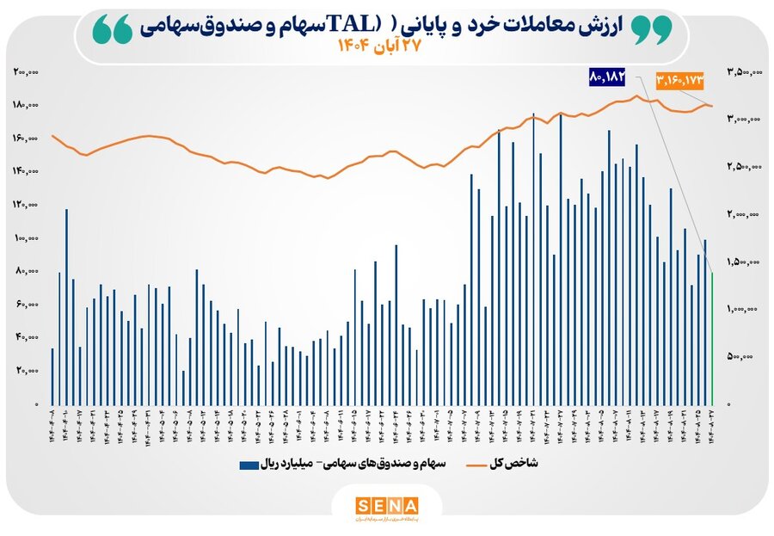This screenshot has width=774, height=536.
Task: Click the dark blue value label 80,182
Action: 605,77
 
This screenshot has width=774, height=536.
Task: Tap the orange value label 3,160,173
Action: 679,79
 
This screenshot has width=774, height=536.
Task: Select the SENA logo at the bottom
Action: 386,505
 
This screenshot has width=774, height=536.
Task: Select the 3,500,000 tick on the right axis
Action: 743,72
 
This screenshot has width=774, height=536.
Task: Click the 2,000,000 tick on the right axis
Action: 743,214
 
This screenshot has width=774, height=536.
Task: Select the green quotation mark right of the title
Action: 652,31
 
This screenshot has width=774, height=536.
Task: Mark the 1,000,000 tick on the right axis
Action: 743,309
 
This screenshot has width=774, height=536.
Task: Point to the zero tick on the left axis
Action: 36,404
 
